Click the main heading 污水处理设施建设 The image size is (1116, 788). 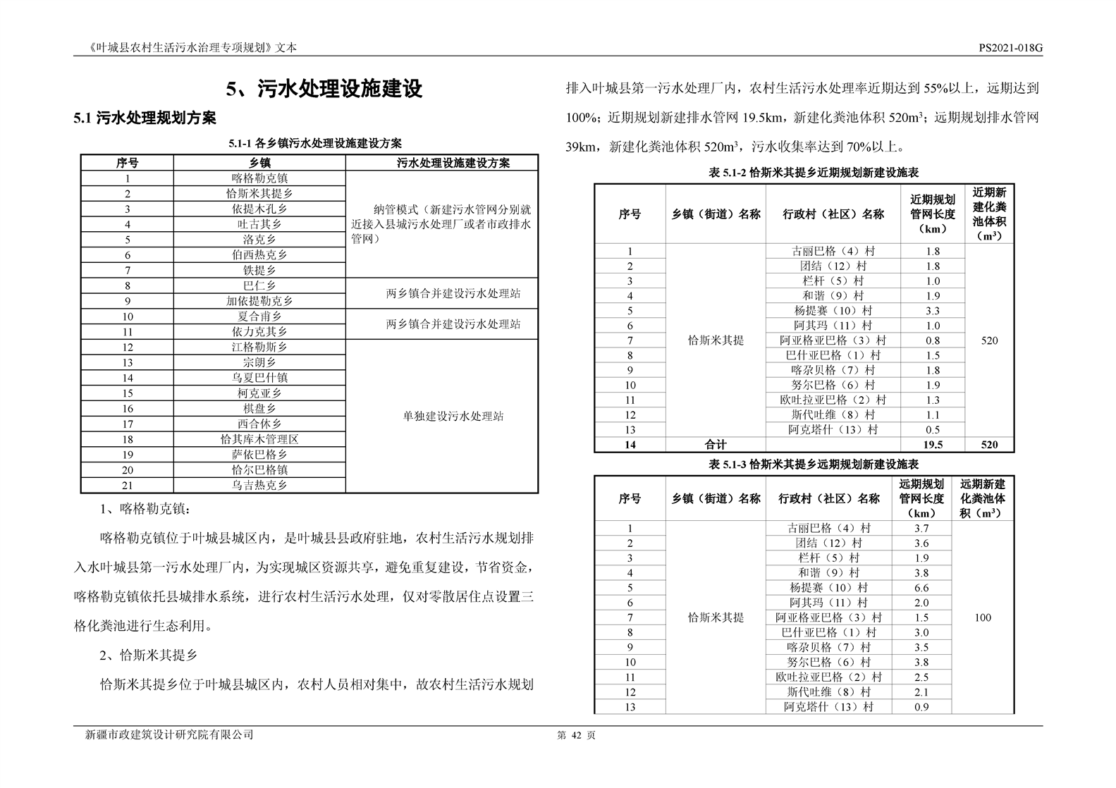324,90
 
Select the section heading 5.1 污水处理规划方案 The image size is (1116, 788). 145,118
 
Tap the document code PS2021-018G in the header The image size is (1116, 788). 1010,48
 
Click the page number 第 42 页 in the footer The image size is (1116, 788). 576,735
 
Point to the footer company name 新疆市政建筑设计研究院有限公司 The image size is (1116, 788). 169,735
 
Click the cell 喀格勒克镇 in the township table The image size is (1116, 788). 259,178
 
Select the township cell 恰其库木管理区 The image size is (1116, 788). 259,439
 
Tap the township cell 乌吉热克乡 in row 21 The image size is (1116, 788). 259,485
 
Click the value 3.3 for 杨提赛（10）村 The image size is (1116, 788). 932,311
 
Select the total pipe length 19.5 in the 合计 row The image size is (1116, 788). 932,445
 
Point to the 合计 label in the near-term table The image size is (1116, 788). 715,445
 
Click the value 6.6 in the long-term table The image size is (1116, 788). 921,588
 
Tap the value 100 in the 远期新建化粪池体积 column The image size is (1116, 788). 982,617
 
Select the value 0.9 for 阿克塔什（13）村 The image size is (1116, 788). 921,707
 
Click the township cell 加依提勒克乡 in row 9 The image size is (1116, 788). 259,301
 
